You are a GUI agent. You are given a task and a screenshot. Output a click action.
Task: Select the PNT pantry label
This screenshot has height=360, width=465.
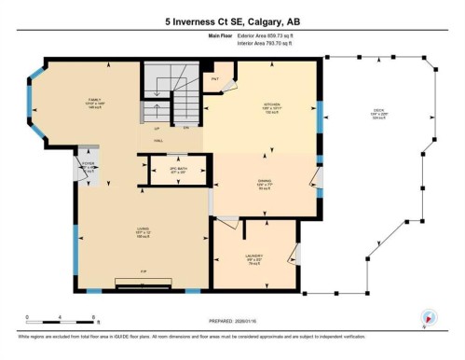pos(215,79)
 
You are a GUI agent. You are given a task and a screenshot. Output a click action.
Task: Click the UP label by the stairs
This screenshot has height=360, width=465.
pos(156,127)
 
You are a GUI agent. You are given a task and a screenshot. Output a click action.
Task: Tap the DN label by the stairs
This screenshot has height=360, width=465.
pos(186,127)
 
